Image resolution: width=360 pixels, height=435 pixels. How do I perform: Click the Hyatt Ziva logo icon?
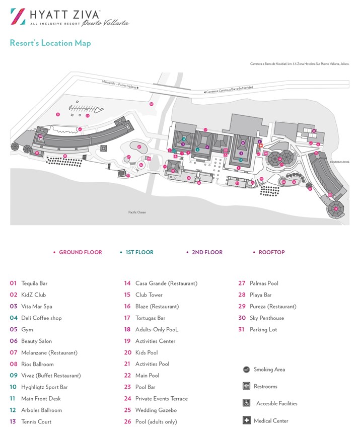(x=18, y=16)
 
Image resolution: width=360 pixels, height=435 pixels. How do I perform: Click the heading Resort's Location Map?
(x=50, y=43)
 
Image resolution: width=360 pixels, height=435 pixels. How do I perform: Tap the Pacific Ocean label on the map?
(x=136, y=212)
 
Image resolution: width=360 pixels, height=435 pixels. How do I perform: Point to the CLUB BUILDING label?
(x=339, y=162)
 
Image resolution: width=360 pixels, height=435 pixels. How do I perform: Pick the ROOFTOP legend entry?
(x=271, y=252)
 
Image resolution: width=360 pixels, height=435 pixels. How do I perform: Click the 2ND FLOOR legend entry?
(x=207, y=252)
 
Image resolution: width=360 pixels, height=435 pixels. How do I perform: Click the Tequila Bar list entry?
(x=34, y=283)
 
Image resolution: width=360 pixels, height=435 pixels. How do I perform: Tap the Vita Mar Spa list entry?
(x=37, y=307)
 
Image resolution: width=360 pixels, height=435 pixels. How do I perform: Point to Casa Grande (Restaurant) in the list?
(x=166, y=283)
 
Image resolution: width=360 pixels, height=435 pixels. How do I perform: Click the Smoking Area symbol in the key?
(x=246, y=370)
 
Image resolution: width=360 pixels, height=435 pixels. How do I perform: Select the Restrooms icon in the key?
(x=246, y=386)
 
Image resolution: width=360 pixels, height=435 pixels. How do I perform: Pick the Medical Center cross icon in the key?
(x=246, y=420)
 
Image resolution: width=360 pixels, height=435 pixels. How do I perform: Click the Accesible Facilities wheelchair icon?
(x=246, y=403)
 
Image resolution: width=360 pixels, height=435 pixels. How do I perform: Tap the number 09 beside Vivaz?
(x=14, y=376)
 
